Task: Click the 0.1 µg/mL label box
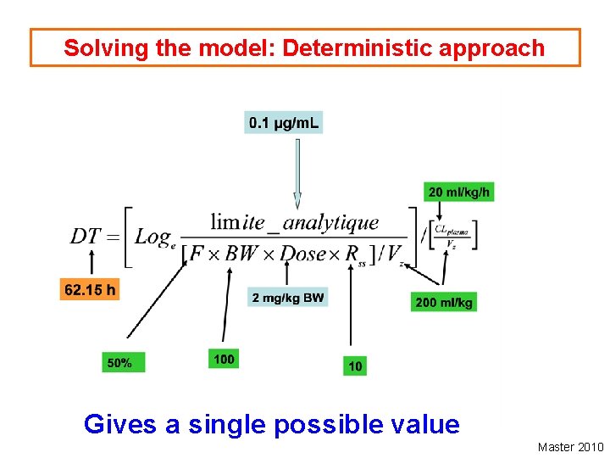point(284,123)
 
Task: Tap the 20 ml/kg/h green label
point(458,192)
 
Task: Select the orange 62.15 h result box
point(90,290)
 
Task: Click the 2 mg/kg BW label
point(288,298)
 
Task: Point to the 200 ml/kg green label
point(444,302)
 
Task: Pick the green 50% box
point(123,362)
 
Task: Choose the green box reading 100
point(224,359)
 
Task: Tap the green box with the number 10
point(355,366)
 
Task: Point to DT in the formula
point(86,236)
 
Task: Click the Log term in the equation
point(152,237)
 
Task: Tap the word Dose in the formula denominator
point(303,253)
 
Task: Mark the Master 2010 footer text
point(570,447)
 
